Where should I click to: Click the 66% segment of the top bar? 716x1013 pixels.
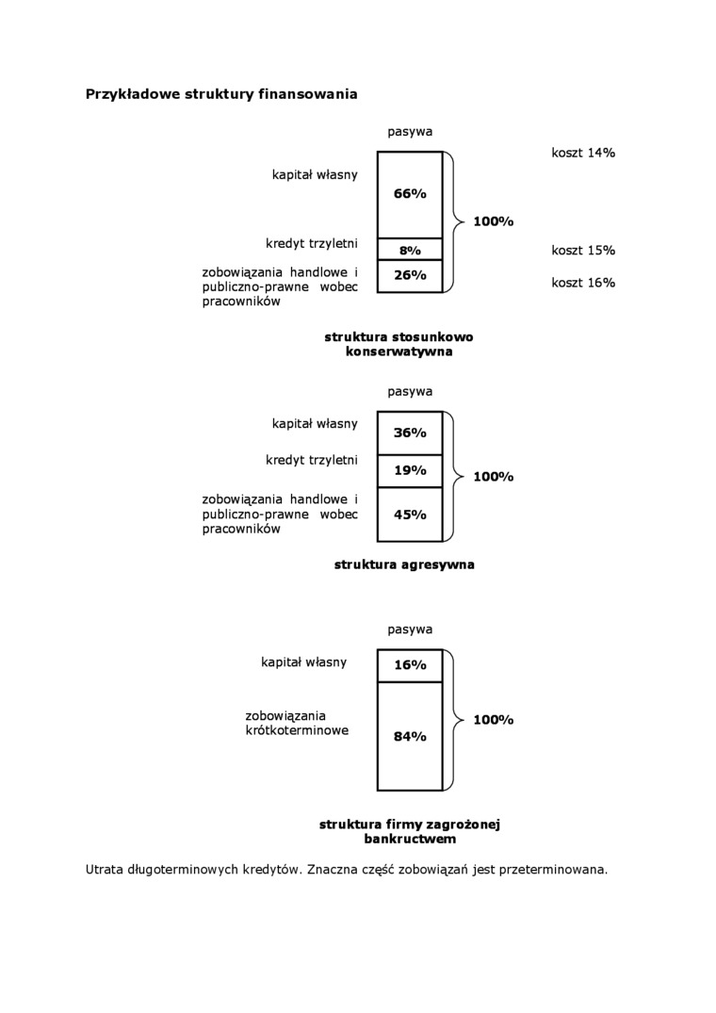[x=410, y=194]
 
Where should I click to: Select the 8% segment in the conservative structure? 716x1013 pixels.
[x=410, y=250]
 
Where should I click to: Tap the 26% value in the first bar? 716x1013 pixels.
[x=410, y=275]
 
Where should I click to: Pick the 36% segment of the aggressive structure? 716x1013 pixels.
[x=410, y=433]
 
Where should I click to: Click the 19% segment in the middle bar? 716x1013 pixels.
[x=410, y=470]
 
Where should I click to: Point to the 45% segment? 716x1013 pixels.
[x=410, y=515]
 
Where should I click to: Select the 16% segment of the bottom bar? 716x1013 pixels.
[x=410, y=664]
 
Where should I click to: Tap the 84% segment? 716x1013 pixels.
[x=410, y=736]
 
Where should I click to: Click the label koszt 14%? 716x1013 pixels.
[x=583, y=152]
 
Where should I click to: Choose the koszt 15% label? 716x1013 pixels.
[x=583, y=251]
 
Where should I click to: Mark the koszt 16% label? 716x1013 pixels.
[x=583, y=283]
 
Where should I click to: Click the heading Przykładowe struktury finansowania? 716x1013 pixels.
[x=221, y=94]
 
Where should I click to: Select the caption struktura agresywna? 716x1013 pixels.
[x=404, y=565]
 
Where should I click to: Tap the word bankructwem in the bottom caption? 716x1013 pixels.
[x=410, y=838]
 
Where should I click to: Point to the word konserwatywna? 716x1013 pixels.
[x=399, y=351]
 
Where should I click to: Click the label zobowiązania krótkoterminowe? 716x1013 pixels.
[x=297, y=723]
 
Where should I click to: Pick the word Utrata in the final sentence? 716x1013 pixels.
[x=104, y=869]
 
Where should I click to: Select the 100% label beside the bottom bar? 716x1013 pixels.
[x=493, y=720]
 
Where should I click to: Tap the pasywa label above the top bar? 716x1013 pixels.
[x=410, y=132]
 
